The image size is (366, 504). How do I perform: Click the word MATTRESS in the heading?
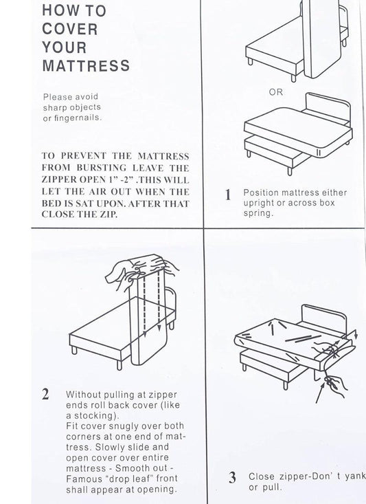tap(86, 66)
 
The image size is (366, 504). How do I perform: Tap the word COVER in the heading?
tap(70, 30)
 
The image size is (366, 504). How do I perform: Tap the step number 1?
tap(228, 195)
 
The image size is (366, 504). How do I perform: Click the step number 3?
tap(232, 476)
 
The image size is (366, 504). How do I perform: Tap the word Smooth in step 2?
tap(139, 468)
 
